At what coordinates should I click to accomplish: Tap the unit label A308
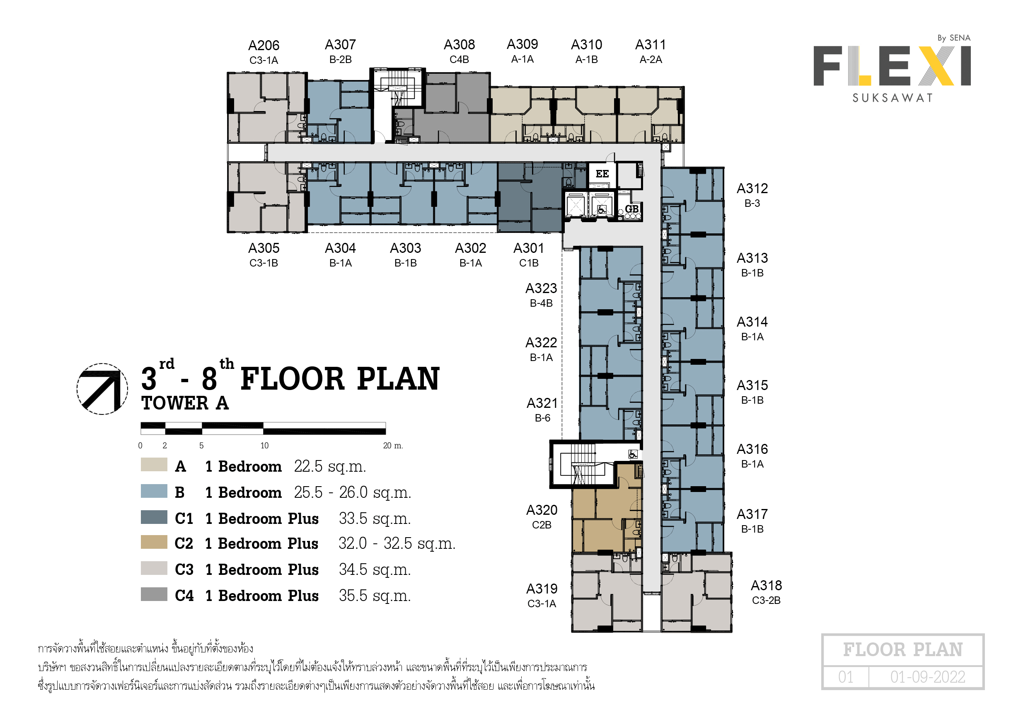[x=459, y=44]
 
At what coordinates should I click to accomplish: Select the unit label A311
[x=651, y=44]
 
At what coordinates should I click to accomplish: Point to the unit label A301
[x=528, y=248]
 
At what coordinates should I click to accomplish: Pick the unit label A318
[x=766, y=585]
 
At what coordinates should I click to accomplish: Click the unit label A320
[x=542, y=510]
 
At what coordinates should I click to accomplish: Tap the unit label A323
[x=541, y=288]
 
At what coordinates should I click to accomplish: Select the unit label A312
[x=752, y=188]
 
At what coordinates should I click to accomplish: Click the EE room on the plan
[x=602, y=174]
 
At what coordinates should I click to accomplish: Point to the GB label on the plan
[x=632, y=209]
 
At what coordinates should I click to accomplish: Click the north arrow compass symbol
[x=102, y=389]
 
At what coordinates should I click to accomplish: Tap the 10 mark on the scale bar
[x=265, y=445]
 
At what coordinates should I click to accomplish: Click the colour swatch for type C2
[x=154, y=542]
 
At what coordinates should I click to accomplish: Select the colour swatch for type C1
[x=154, y=517]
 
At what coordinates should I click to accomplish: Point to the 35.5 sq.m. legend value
[x=374, y=595]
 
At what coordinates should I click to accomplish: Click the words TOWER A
[x=185, y=403]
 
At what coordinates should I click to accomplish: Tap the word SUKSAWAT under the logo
[x=893, y=98]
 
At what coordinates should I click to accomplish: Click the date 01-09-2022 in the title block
[x=927, y=677]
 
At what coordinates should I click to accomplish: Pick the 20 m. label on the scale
[x=393, y=445]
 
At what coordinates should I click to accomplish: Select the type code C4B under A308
[x=459, y=60]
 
